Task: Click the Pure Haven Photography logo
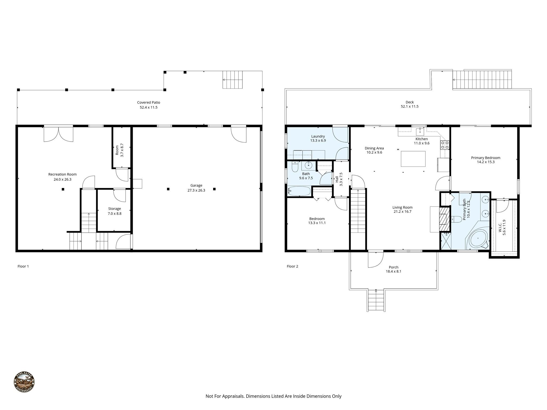(x=24, y=382)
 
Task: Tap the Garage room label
(x=196, y=185)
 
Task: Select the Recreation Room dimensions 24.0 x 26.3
(x=62, y=179)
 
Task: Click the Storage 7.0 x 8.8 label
(x=114, y=211)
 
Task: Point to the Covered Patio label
(x=149, y=102)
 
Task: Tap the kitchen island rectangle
(x=413, y=159)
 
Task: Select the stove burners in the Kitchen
(x=445, y=145)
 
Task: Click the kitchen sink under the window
(x=420, y=131)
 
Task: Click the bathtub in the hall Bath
(x=299, y=191)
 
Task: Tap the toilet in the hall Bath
(x=295, y=167)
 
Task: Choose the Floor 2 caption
(x=292, y=266)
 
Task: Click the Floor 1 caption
(x=23, y=266)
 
